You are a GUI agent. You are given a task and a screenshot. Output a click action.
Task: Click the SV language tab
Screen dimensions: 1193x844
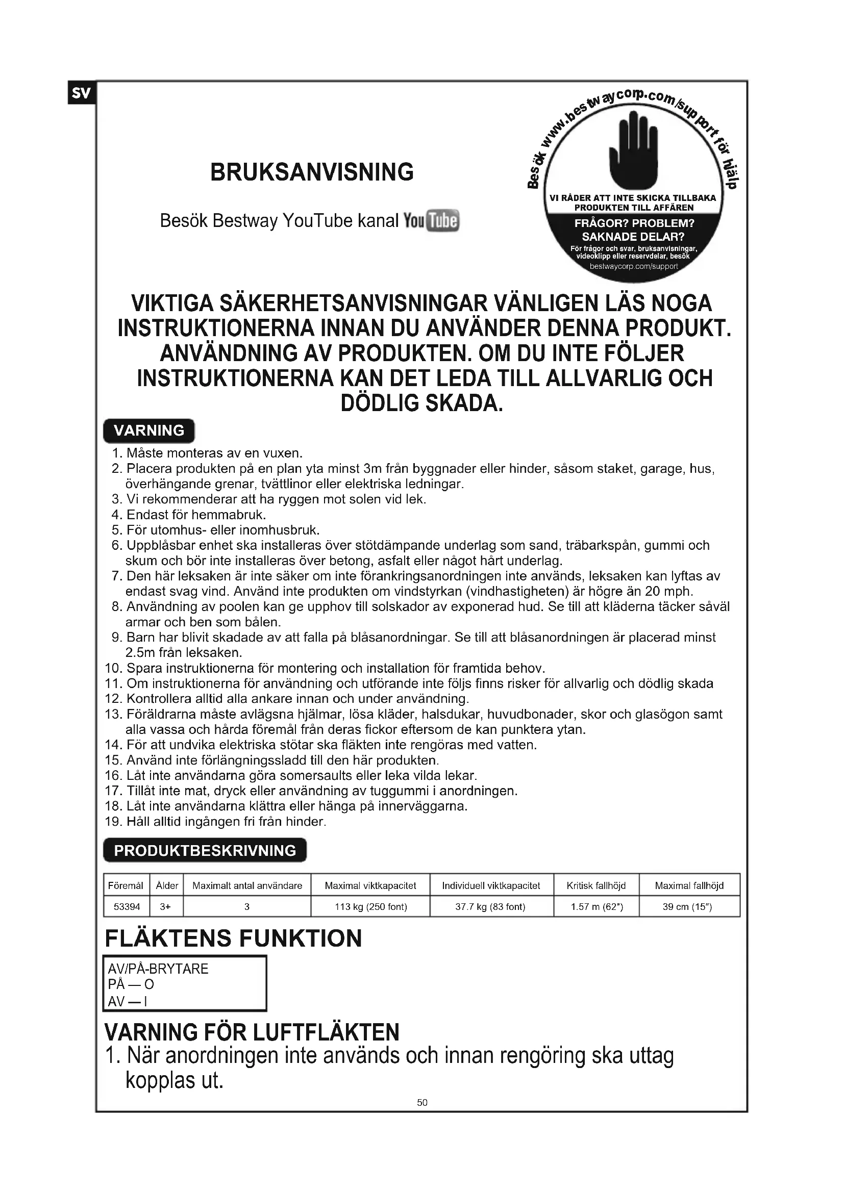[81, 93]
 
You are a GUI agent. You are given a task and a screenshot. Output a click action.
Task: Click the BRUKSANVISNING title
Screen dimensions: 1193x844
[312, 172]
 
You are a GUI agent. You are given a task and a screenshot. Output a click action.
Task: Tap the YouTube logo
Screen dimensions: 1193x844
[431, 221]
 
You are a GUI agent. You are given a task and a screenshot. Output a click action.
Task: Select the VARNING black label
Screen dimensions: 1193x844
[148, 431]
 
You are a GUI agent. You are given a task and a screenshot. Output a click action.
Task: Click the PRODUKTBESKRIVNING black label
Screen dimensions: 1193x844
[205, 851]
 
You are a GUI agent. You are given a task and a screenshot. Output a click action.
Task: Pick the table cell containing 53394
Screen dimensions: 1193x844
[127, 907]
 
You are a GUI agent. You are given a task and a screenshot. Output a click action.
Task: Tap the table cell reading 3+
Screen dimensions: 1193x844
[166, 907]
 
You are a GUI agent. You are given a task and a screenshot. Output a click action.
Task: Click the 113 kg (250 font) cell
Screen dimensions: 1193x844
[370, 907]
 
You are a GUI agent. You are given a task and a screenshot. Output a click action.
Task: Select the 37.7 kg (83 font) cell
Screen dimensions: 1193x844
[490, 907]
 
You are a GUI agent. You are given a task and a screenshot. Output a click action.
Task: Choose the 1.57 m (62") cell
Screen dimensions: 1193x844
[597, 907]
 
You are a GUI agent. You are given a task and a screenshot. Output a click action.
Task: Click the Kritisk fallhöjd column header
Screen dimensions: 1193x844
[596, 885]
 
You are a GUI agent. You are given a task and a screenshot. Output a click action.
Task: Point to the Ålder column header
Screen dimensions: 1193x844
[167, 885]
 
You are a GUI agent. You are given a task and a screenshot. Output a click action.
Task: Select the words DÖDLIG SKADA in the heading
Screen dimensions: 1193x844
[422, 403]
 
